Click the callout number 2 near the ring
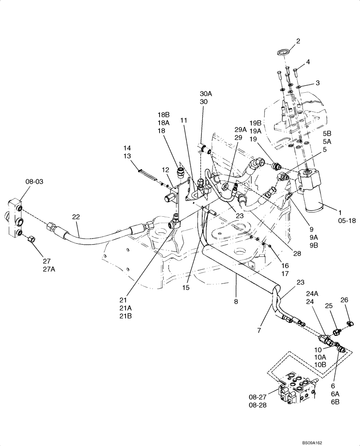click(x=298, y=41)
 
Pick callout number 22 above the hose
click(x=76, y=216)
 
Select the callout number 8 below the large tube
click(x=236, y=301)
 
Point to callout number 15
click(x=186, y=288)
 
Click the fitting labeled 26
click(x=350, y=322)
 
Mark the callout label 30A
click(x=206, y=94)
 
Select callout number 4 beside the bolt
click(x=308, y=62)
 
